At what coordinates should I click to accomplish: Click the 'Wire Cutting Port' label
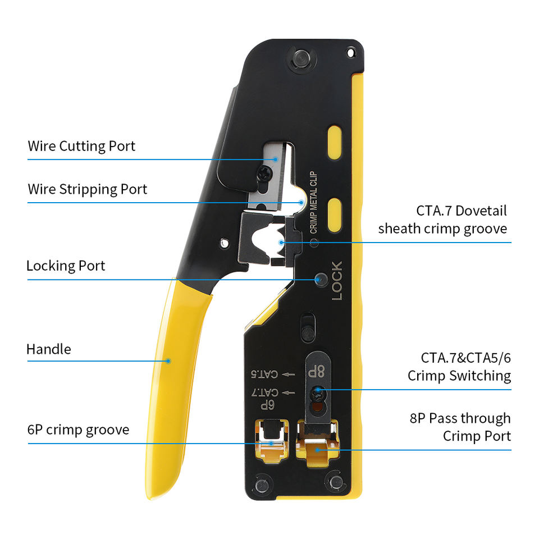click(x=81, y=147)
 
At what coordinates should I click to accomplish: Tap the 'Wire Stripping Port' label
click(x=88, y=189)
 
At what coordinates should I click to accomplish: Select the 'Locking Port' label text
click(x=66, y=266)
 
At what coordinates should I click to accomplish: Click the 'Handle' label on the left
click(x=49, y=349)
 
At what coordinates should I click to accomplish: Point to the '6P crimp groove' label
click(x=79, y=430)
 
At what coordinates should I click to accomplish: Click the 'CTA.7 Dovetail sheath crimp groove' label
click(x=443, y=220)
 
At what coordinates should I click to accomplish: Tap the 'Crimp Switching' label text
click(x=459, y=376)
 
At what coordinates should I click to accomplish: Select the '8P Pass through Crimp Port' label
click(x=460, y=427)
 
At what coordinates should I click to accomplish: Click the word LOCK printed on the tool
click(x=337, y=281)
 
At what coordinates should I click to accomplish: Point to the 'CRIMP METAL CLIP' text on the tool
click(x=313, y=203)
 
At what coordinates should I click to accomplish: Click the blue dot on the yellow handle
click(x=168, y=361)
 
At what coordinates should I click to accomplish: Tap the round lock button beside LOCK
click(x=321, y=280)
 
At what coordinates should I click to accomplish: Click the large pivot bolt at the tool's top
click(x=302, y=58)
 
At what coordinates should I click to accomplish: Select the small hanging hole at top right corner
click(x=350, y=53)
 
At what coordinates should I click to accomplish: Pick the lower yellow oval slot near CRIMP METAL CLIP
click(x=335, y=215)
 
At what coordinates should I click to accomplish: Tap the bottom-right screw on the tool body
click(x=336, y=482)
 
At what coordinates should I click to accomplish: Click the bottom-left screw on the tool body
click(x=262, y=485)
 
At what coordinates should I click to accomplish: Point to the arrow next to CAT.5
click(x=288, y=374)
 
